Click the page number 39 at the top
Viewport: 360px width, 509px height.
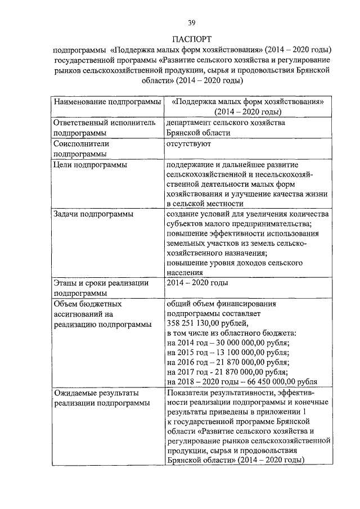tap(191, 22)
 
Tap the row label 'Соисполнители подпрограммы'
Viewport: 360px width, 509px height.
tap(81, 148)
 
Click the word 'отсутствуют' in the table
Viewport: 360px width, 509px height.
tap(188, 144)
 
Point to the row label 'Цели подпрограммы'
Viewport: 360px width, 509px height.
tap(89, 165)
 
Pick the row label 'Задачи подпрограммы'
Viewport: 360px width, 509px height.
tap(93, 214)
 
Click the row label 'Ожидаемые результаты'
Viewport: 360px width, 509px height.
tap(96, 393)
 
